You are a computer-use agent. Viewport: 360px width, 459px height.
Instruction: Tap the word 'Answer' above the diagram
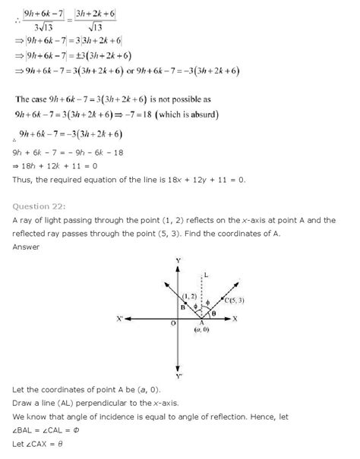[27, 247]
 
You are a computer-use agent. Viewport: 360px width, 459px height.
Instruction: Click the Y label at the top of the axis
[177, 260]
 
